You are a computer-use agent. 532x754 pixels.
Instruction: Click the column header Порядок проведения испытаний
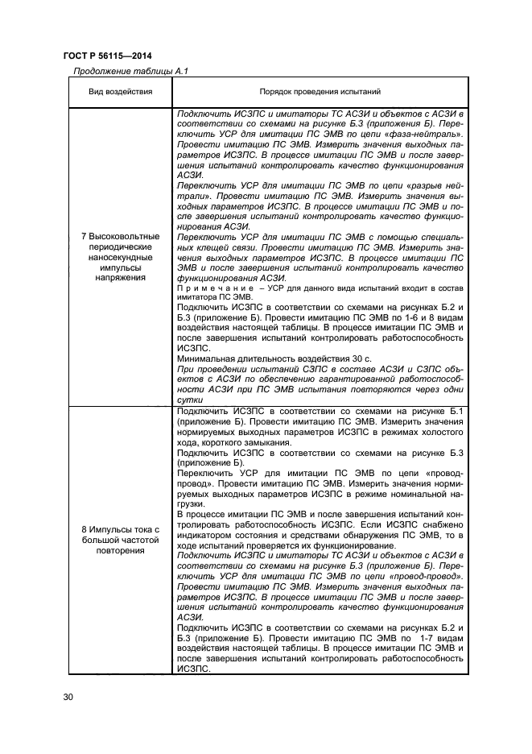pos(320,93)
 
